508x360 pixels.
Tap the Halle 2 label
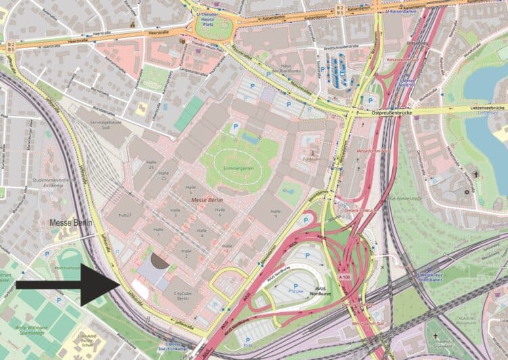click(x=185, y=252)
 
